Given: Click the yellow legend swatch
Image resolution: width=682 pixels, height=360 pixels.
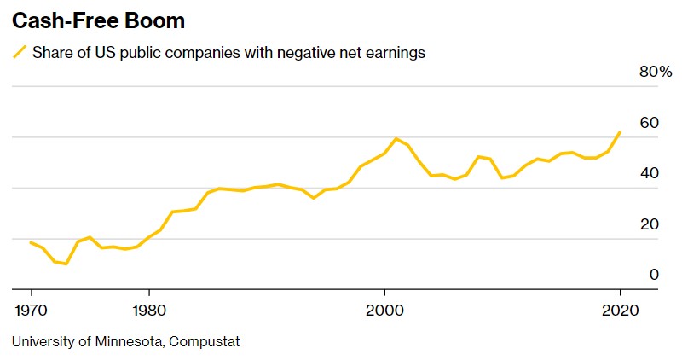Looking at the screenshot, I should pos(19,53).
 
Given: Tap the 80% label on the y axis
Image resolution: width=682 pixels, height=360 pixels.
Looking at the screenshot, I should pos(655,72).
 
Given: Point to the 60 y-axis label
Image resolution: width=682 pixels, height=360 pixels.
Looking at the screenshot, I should pos(649,123).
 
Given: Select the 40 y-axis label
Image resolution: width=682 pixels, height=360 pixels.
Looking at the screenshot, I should pos(649,173).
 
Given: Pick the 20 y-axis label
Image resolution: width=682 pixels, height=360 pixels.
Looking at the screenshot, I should pos(649,224).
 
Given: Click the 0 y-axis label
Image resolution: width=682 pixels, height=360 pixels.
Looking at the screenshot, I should pos(654,275).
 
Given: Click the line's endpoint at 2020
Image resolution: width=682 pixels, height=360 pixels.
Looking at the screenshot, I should pos(620,132).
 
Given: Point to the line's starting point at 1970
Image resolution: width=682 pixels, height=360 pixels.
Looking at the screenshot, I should pos(31,242).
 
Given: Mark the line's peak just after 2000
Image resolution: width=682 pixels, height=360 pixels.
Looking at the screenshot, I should pos(396,138).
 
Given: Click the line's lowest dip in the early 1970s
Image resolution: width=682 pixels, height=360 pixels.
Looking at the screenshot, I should pos(66,264).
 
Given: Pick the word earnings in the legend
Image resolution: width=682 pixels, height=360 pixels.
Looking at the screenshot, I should pos(395,53).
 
